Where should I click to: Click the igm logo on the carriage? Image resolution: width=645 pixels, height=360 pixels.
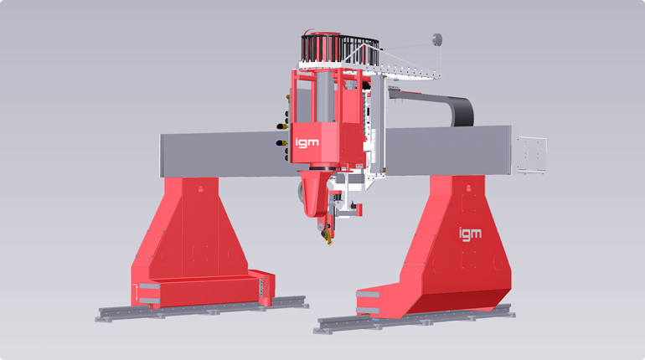307,142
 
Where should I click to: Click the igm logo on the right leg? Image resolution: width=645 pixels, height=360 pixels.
470,234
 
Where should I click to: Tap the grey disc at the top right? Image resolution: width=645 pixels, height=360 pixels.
437,40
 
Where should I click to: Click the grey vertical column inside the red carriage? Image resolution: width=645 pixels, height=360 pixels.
324,96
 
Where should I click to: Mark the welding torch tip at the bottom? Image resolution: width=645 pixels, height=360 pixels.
329,242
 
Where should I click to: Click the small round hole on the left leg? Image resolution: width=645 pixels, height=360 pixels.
200,189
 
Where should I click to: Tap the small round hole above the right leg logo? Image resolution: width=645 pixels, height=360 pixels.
468,188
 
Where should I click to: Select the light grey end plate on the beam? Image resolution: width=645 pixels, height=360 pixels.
532,155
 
